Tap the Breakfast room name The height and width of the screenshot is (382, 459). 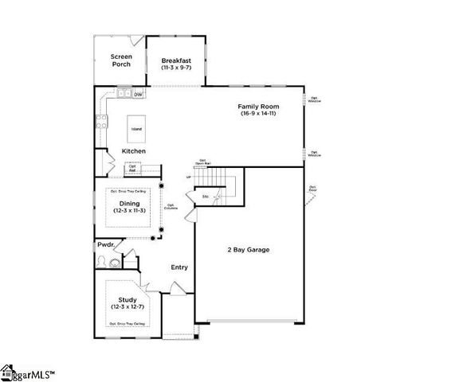[x=175, y=60]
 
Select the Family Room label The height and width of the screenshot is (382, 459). [x=257, y=106]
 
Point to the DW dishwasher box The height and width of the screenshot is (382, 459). [x=138, y=95]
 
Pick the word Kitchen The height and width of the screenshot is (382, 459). [x=133, y=150]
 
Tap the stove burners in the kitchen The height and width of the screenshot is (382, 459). [x=102, y=122]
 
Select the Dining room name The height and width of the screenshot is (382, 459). [x=130, y=204]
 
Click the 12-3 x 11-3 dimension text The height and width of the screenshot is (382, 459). [x=130, y=212]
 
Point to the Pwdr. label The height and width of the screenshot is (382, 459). [x=107, y=246]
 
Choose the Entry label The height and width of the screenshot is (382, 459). [x=179, y=267]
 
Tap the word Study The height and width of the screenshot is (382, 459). [x=127, y=300]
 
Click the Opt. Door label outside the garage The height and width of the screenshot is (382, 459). [x=313, y=189]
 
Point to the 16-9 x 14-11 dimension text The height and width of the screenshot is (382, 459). [x=257, y=114]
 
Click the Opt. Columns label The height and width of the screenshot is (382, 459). [x=171, y=207]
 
